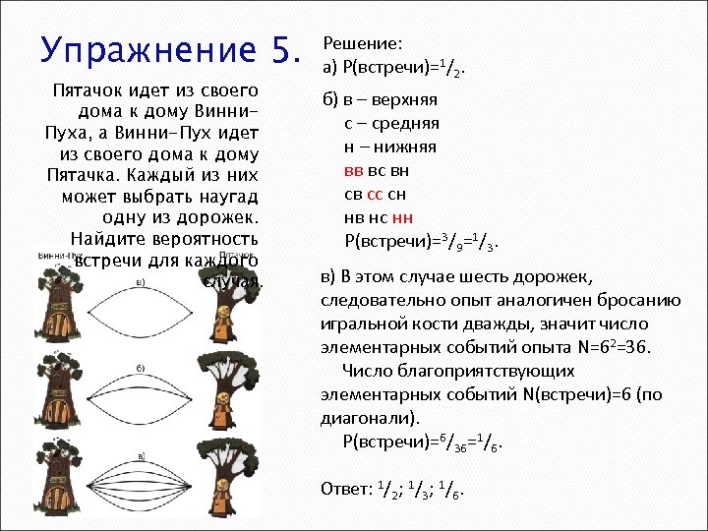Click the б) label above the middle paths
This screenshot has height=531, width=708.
141,367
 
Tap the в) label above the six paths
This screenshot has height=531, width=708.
141,455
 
